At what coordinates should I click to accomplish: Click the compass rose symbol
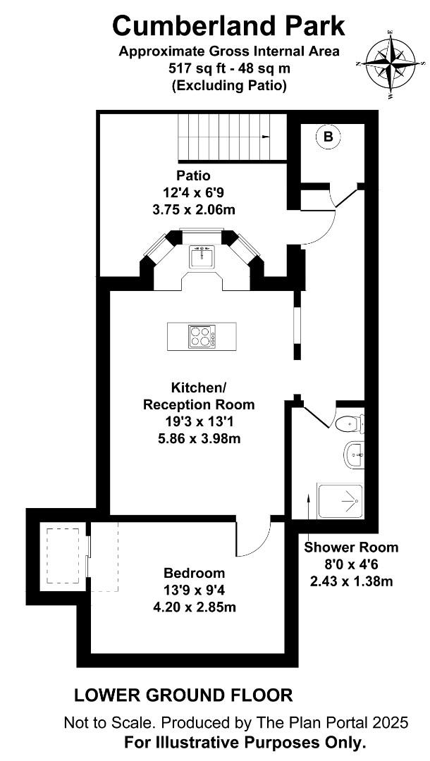click(x=391, y=63)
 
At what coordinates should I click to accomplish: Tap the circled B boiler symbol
click(x=328, y=137)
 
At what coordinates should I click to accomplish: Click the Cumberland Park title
click(x=228, y=26)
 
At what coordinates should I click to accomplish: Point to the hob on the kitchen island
click(x=202, y=336)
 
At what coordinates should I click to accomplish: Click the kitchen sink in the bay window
click(x=202, y=256)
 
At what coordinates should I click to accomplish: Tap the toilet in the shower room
click(x=350, y=424)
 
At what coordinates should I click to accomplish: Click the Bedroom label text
click(x=194, y=573)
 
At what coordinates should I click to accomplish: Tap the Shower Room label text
click(x=351, y=547)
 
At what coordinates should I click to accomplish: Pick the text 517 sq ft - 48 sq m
click(x=229, y=68)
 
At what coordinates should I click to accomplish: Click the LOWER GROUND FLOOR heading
click(x=183, y=695)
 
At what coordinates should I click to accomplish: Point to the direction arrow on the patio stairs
click(x=265, y=137)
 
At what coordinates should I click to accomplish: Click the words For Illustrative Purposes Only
click(x=245, y=743)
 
